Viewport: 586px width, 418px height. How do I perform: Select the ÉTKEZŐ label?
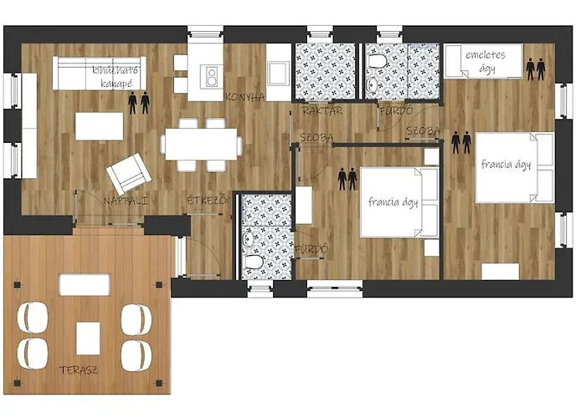point(206,201)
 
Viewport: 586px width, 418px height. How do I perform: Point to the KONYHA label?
point(244,97)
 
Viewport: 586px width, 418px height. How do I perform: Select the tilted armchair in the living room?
point(129,172)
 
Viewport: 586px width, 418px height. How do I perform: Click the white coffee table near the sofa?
point(100,125)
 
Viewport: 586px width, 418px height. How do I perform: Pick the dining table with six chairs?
point(202,142)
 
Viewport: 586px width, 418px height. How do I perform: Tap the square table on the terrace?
point(89,338)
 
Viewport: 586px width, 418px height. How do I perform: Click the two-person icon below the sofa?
point(139,103)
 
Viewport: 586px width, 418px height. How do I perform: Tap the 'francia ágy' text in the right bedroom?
point(506,165)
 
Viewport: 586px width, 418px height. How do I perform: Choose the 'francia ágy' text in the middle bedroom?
point(393,202)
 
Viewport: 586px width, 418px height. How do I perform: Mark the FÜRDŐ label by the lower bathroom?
point(311,249)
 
